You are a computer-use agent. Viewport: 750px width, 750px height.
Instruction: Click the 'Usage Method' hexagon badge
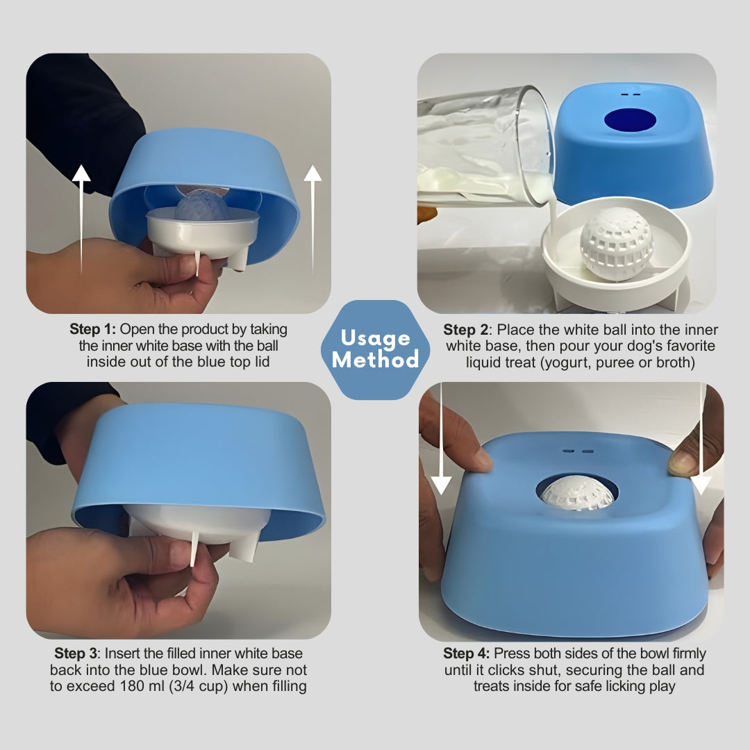(x=375, y=349)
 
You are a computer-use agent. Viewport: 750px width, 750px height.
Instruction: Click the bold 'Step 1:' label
(x=93, y=329)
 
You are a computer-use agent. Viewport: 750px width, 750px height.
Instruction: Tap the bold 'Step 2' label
(x=467, y=329)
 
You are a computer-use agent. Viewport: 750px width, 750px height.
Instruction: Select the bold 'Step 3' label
(x=78, y=653)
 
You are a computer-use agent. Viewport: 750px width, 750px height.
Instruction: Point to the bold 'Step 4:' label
(x=467, y=653)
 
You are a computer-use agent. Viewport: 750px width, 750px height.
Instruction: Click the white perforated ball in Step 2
(x=617, y=243)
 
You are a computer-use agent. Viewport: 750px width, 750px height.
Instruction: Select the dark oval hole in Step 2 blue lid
(x=630, y=120)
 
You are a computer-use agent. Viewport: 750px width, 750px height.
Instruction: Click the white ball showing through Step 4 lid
(x=576, y=492)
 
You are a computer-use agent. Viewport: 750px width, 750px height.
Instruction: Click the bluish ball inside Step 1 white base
(x=201, y=208)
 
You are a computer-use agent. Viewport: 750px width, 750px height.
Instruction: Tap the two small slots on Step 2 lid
(x=630, y=94)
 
